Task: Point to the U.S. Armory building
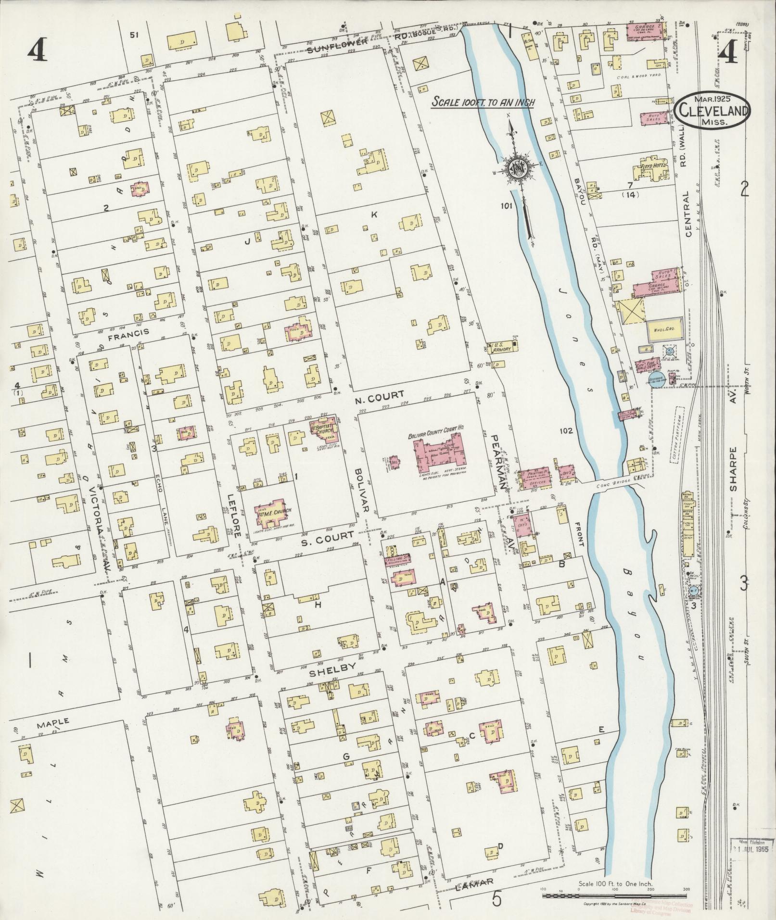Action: coord(502,350)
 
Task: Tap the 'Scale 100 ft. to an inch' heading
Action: coord(483,102)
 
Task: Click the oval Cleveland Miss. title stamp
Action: coord(714,110)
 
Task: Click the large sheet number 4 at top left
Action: coord(37,50)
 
